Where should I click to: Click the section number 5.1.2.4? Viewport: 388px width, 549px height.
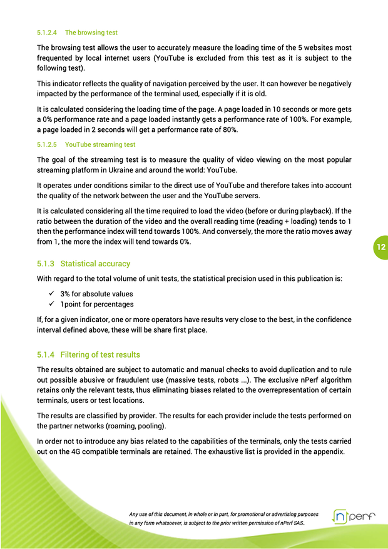[x=47, y=33]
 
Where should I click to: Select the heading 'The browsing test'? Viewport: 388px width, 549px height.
[x=91, y=33]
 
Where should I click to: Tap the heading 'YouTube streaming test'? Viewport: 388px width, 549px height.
[x=100, y=144]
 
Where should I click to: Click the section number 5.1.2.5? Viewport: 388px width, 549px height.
[x=47, y=144]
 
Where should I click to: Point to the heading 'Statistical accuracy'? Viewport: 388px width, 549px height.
[x=95, y=264]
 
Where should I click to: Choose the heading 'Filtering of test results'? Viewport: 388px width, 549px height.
[x=100, y=355]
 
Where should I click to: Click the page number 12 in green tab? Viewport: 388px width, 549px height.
[x=380, y=248]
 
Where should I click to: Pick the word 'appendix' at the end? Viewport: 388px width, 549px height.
[x=327, y=451]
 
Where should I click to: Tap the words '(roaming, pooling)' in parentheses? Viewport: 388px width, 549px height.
[x=133, y=426]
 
